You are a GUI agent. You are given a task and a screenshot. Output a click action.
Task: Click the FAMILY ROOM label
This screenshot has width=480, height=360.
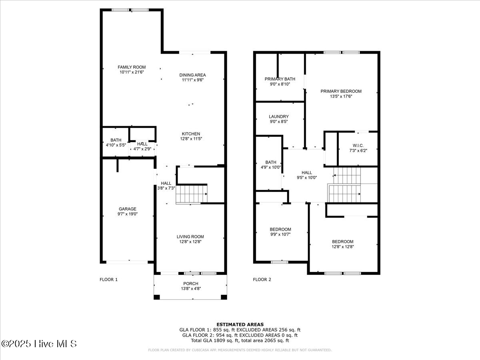pyautogui.click(x=132, y=67)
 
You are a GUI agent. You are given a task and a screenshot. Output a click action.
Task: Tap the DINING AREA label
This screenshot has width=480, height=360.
pyautogui.click(x=192, y=75)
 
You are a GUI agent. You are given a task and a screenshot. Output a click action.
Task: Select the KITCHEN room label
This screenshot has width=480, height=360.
pyautogui.click(x=191, y=134)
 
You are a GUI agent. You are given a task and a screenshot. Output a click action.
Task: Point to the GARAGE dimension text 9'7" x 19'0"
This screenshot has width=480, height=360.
pyautogui.click(x=127, y=214)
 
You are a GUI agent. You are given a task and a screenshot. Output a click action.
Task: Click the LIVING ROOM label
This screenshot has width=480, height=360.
pyautogui.click(x=190, y=237)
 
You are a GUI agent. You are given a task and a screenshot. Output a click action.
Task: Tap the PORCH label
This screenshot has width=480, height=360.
pyautogui.click(x=190, y=284)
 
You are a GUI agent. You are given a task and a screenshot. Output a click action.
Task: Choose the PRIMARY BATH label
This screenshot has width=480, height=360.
pyautogui.click(x=280, y=79)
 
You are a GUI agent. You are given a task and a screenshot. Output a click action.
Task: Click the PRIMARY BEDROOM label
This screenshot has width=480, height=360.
pyautogui.click(x=341, y=91)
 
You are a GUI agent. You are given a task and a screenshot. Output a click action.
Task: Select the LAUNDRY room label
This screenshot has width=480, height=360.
pyautogui.click(x=279, y=117)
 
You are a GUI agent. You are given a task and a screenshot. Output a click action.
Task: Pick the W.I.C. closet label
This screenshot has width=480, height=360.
pyautogui.click(x=358, y=145)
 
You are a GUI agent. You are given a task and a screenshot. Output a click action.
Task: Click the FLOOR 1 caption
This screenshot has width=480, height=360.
pyautogui.click(x=108, y=280)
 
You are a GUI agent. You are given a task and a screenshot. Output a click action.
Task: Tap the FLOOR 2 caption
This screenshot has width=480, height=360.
pyautogui.click(x=262, y=280)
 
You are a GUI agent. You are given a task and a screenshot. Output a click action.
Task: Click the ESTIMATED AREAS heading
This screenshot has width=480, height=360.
pyautogui.click(x=240, y=324)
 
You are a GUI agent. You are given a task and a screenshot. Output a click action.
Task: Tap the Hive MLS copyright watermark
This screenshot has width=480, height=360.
pyautogui.click(x=39, y=344)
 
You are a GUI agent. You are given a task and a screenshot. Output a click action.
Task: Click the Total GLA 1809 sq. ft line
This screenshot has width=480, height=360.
pyautogui.click(x=240, y=340)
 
